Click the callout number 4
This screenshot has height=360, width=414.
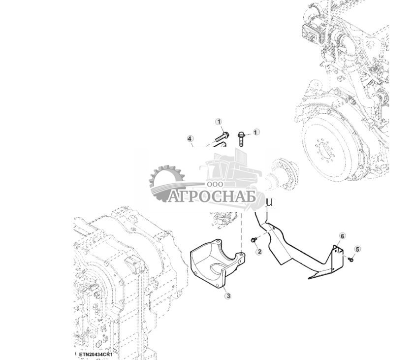tap(191, 139)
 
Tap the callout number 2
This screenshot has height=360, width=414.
tap(259, 252)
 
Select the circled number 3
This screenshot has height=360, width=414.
tap(227, 296)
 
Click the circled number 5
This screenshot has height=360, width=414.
tap(358, 249)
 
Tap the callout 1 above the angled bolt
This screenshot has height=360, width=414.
tap(219, 122)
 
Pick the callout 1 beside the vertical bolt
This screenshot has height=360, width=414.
tap(256, 132)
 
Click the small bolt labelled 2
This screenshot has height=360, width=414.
tap(254, 240)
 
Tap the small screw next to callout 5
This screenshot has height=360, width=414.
tap(350, 259)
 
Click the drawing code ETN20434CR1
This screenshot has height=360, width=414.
tap(96, 355)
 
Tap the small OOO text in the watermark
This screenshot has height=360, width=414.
tap(215, 183)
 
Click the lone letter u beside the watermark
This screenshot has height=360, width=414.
tap(269, 201)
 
